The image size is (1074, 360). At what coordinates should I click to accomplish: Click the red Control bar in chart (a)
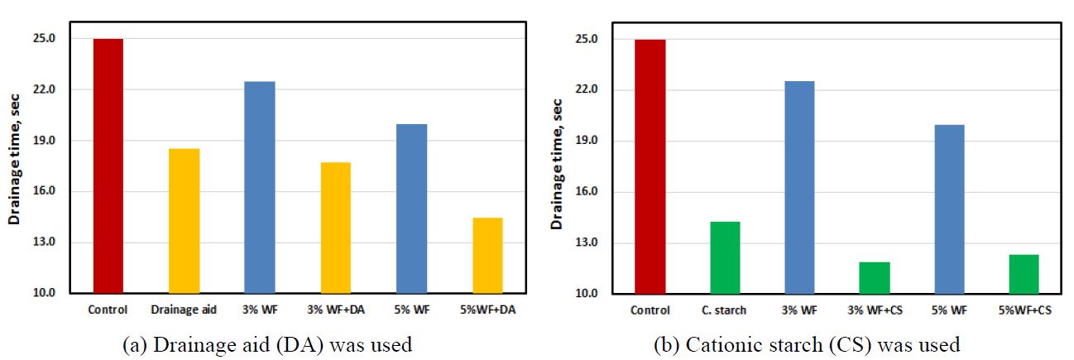(x=108, y=166)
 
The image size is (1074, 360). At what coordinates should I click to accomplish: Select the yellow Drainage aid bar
(x=184, y=221)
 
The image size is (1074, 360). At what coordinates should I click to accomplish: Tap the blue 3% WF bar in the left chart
(x=260, y=187)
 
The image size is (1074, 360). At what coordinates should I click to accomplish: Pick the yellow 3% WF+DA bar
(x=335, y=228)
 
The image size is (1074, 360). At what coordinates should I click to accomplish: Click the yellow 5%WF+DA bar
(x=487, y=255)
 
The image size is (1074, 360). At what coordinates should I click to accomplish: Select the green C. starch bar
(x=724, y=257)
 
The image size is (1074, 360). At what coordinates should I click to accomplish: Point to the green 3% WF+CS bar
(x=874, y=277)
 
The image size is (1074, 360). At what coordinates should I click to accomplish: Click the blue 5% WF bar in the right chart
(x=949, y=209)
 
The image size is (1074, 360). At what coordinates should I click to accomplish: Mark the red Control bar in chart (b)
(x=650, y=166)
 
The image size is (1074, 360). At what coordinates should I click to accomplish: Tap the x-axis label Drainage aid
(x=184, y=310)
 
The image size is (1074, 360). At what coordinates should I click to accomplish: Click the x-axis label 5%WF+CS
(x=1024, y=310)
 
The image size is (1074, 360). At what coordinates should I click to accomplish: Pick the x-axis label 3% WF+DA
(x=335, y=310)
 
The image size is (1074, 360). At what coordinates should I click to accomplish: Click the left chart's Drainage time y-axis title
(x=15, y=166)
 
